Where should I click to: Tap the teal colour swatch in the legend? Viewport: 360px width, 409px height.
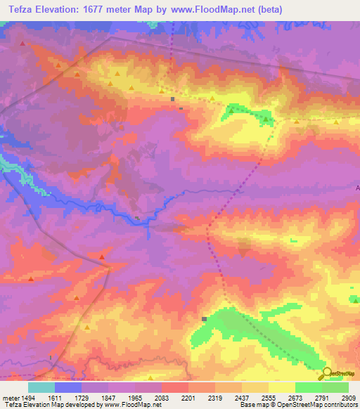click(41, 387)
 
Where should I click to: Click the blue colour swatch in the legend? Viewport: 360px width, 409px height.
click(68, 387)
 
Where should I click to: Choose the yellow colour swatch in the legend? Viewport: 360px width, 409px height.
click(281, 387)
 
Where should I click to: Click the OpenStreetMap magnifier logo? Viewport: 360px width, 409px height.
click(328, 372)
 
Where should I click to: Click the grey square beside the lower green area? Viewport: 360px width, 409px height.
click(205, 318)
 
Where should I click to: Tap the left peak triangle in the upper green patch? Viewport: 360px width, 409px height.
click(231, 110)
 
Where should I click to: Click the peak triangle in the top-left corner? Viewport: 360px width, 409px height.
click(22, 44)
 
